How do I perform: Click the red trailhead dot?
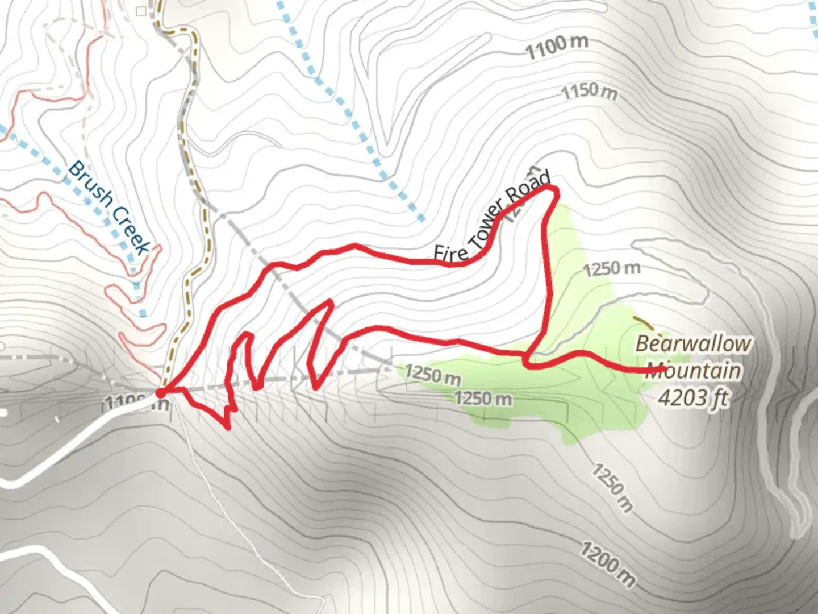pyautogui.click(x=160, y=392)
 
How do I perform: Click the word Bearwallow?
pyautogui.click(x=692, y=344)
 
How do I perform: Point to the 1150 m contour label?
pyautogui.click(x=589, y=92)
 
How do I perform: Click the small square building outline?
pyautogui.click(x=141, y=10)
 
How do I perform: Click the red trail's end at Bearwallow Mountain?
pyautogui.click(x=663, y=370)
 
